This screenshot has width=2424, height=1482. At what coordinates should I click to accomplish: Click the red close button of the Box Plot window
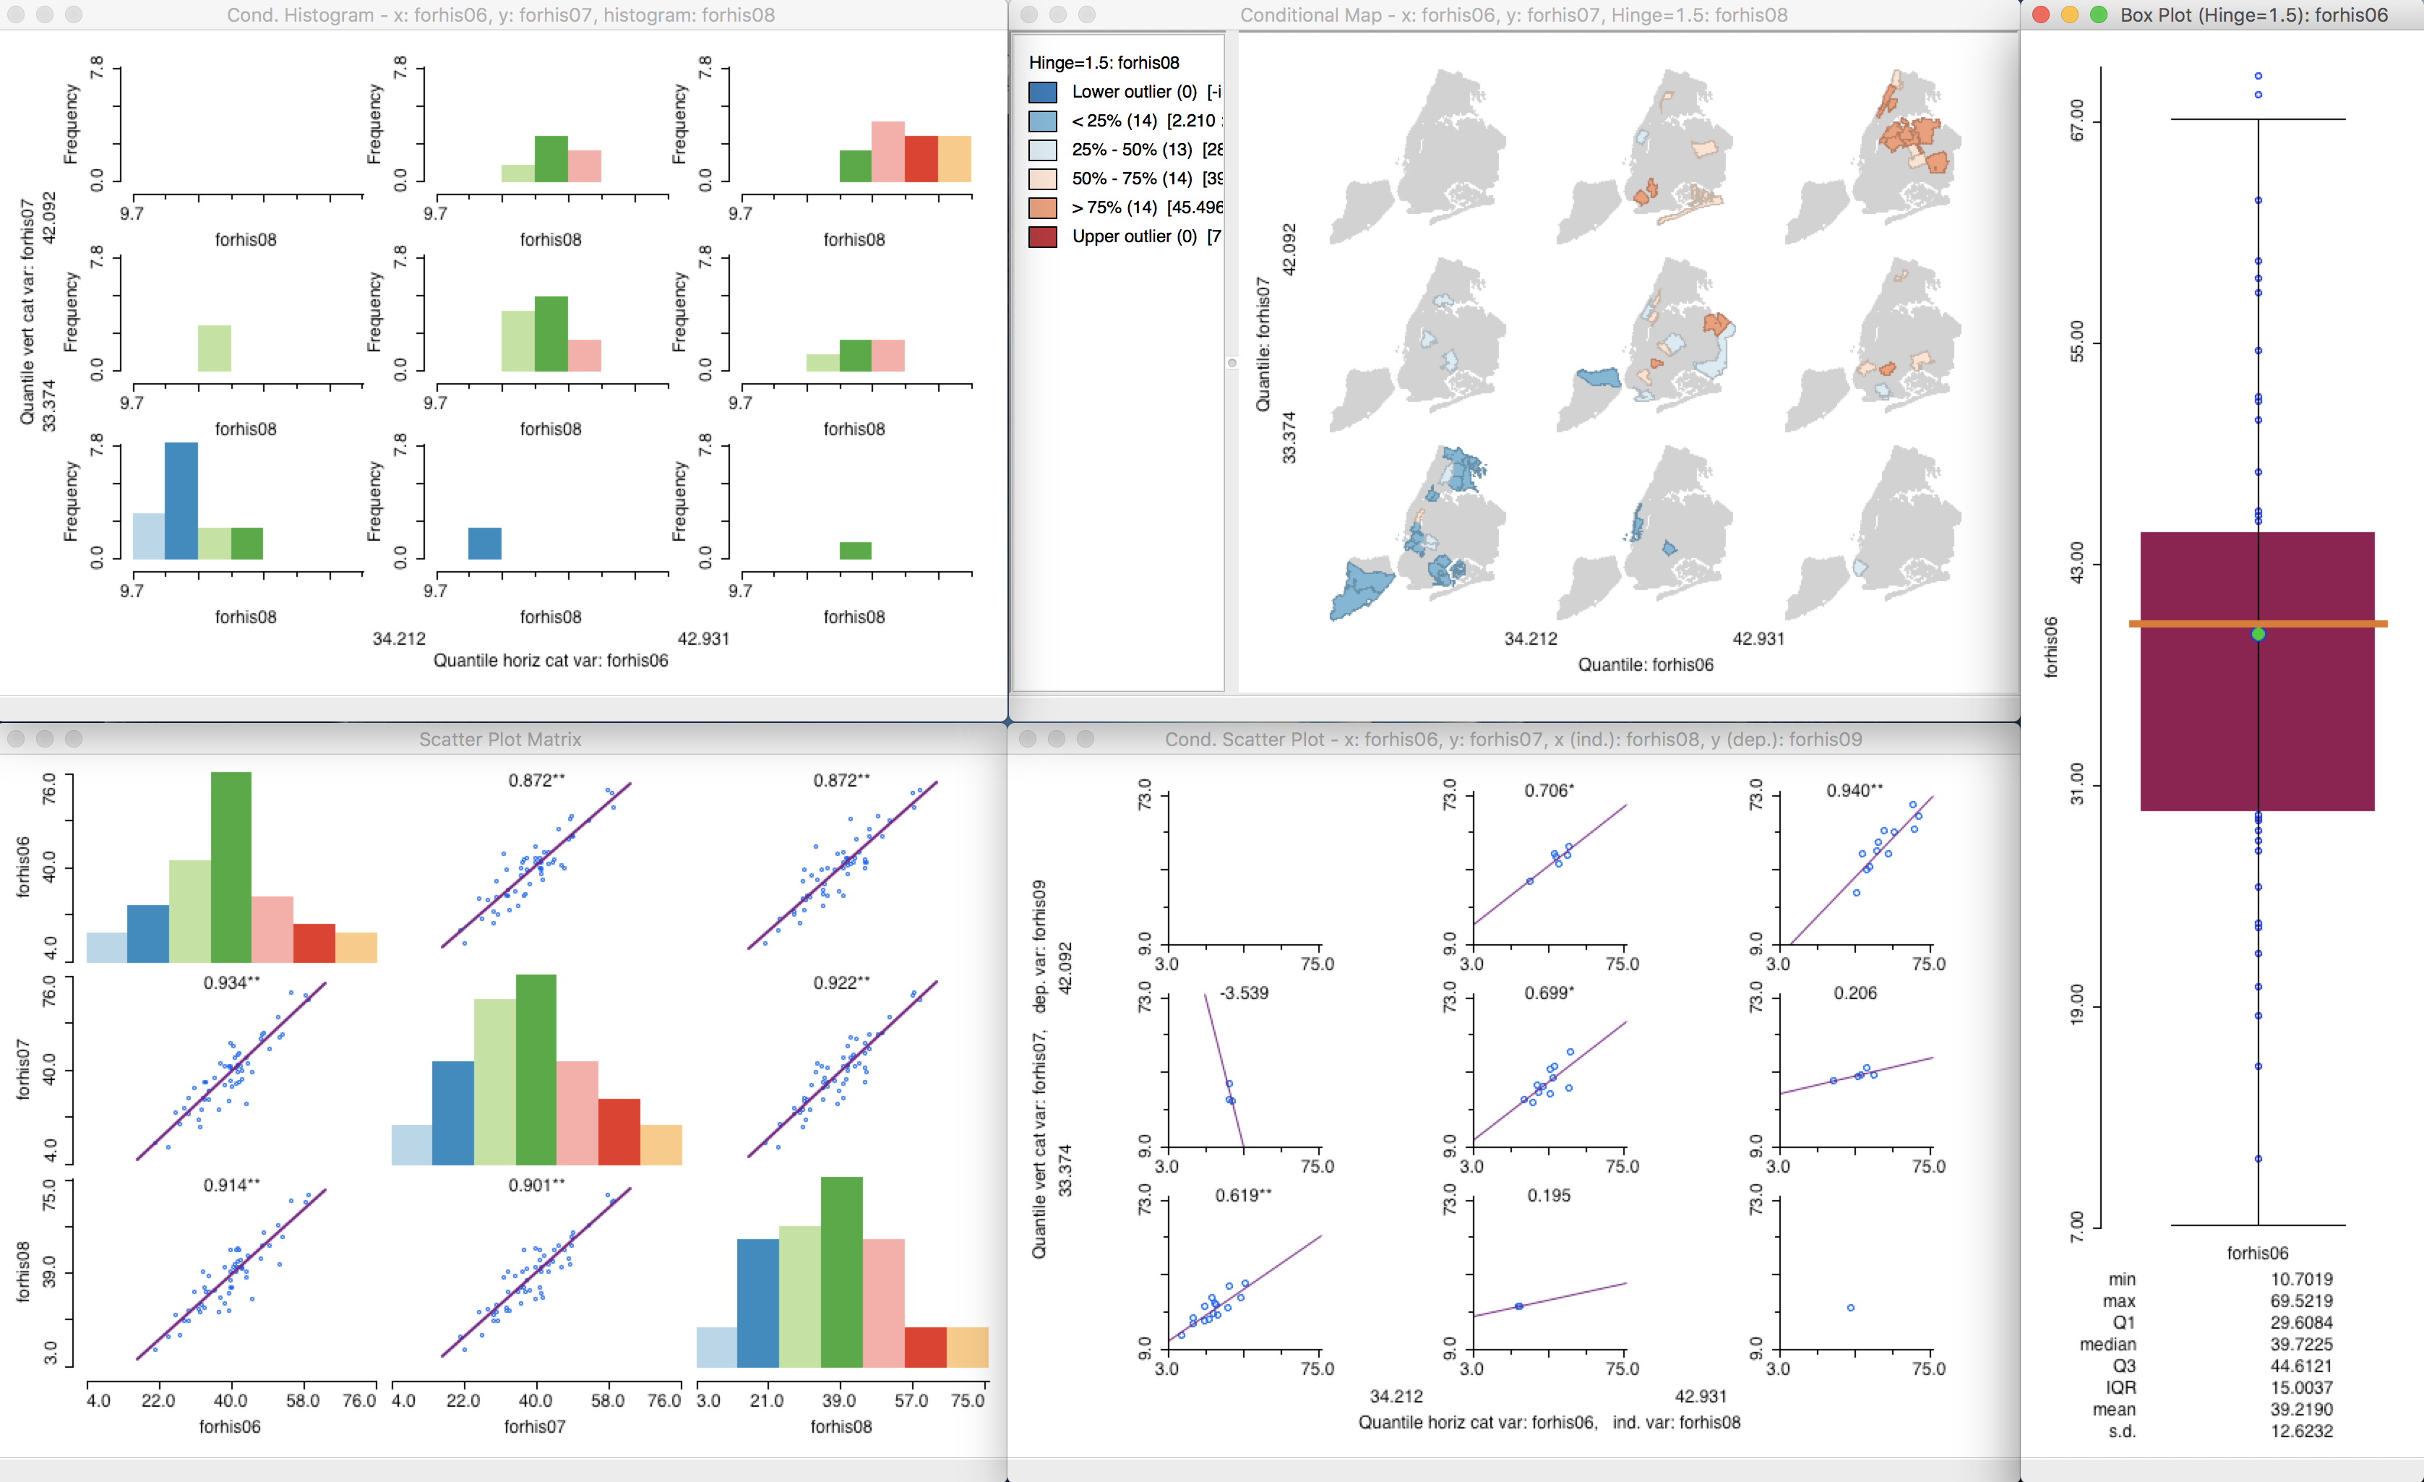(2041, 14)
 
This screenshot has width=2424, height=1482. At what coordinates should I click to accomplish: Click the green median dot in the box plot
(2258, 635)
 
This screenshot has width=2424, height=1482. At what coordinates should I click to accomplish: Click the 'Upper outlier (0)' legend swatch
(1043, 237)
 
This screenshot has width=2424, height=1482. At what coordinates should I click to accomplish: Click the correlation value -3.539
(1244, 993)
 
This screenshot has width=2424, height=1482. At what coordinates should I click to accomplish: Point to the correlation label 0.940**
(1854, 790)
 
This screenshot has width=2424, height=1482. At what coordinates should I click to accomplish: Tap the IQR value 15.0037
(2300, 1387)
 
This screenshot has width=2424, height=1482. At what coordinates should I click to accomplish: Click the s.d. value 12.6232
(2300, 1431)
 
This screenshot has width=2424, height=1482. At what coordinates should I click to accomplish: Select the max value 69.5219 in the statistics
(2300, 1301)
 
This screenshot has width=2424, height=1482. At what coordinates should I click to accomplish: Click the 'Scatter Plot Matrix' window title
(499, 739)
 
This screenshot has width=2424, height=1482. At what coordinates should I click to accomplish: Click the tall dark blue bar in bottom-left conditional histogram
(181, 501)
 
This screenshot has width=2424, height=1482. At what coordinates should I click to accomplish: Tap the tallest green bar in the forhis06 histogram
(231, 866)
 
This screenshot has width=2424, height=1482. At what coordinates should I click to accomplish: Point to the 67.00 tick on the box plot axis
(2076, 120)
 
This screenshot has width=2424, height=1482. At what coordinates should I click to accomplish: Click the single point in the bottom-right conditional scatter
(1850, 1308)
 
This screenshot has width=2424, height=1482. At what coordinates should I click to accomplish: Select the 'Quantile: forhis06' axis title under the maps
(1645, 664)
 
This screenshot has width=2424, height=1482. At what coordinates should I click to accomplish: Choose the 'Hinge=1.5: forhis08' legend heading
(1103, 63)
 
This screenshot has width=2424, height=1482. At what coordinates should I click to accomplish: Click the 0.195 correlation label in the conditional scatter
(1549, 1196)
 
